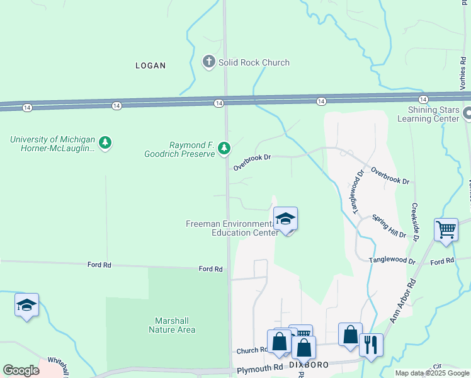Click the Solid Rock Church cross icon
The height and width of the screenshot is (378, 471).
coord(209,62)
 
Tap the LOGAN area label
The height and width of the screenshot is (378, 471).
coord(150,66)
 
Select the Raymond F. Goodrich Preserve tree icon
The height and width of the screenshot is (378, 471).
coord(224,149)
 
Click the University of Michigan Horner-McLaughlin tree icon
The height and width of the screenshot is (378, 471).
coord(106,143)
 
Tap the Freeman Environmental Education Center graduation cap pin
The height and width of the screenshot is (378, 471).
coord(286,220)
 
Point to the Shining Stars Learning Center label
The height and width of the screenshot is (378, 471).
coord(429,114)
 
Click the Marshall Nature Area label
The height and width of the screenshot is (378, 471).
coord(172,324)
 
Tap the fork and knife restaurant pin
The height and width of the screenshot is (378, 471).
coord(371,345)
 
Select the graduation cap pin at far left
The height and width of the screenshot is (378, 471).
coord(26,306)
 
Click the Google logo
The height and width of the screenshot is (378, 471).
coord(21,370)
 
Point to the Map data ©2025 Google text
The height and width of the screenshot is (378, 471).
coord(431,373)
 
